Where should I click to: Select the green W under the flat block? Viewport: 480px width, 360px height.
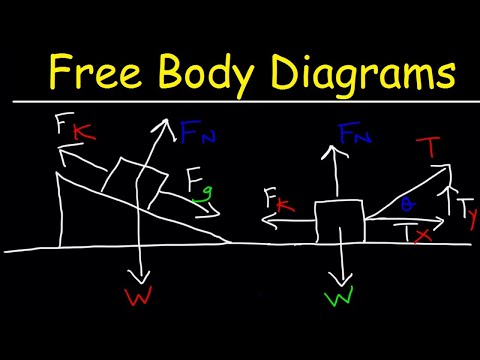[343, 298]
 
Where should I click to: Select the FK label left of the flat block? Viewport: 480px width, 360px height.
[277, 200]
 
